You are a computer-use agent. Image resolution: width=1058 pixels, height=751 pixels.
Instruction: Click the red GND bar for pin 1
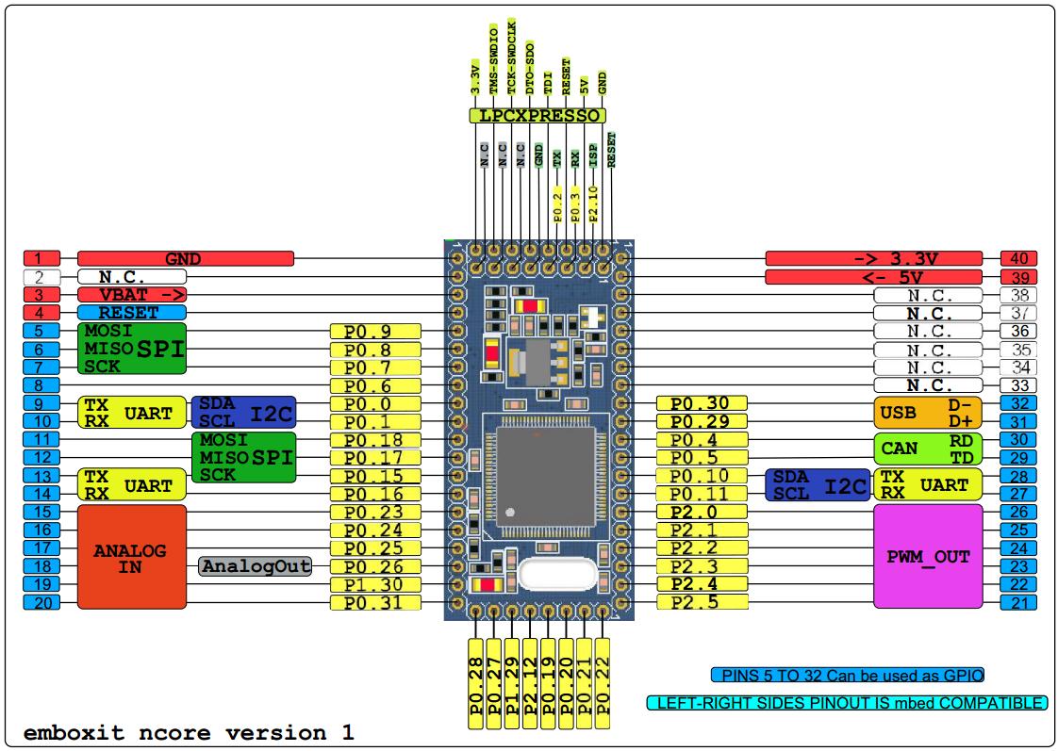pos(186,258)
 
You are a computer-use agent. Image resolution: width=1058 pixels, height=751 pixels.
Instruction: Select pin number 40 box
pos(1018,258)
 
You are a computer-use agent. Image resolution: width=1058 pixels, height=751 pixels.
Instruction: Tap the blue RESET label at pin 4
pos(132,313)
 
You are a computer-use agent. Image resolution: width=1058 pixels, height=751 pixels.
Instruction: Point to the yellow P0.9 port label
pos(375,331)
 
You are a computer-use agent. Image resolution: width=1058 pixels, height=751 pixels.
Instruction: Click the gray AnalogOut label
pos(256,566)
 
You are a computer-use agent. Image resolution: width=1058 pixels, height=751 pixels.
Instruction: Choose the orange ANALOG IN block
pos(132,557)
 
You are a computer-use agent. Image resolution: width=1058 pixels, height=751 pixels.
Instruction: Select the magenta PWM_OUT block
pos(928,557)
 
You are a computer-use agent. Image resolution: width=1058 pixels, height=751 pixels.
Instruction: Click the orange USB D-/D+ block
pos(928,413)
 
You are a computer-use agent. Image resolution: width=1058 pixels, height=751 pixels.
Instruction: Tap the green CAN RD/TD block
pos(928,449)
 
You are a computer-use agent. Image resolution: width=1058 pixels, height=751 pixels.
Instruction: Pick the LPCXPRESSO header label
pos(537,115)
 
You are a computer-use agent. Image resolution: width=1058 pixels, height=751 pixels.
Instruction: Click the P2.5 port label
pos(702,602)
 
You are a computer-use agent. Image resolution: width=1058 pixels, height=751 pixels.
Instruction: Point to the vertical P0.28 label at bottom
pos(475,683)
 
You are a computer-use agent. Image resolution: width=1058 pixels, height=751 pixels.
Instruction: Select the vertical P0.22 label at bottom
pos(603,683)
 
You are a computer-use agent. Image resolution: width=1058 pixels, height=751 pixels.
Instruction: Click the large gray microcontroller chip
pos(546,477)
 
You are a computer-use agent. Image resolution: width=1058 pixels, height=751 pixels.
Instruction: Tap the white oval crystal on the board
pos(558,575)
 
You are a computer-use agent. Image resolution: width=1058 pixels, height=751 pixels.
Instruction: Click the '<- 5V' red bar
pos(874,277)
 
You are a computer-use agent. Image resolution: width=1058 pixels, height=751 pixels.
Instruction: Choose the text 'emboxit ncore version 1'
pos(189,733)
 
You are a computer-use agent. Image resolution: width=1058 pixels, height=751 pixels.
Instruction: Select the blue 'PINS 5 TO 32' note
pos(848,675)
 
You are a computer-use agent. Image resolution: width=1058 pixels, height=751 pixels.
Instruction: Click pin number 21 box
pos(1018,602)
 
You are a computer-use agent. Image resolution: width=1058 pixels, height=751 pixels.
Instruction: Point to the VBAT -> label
pos(132,295)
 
